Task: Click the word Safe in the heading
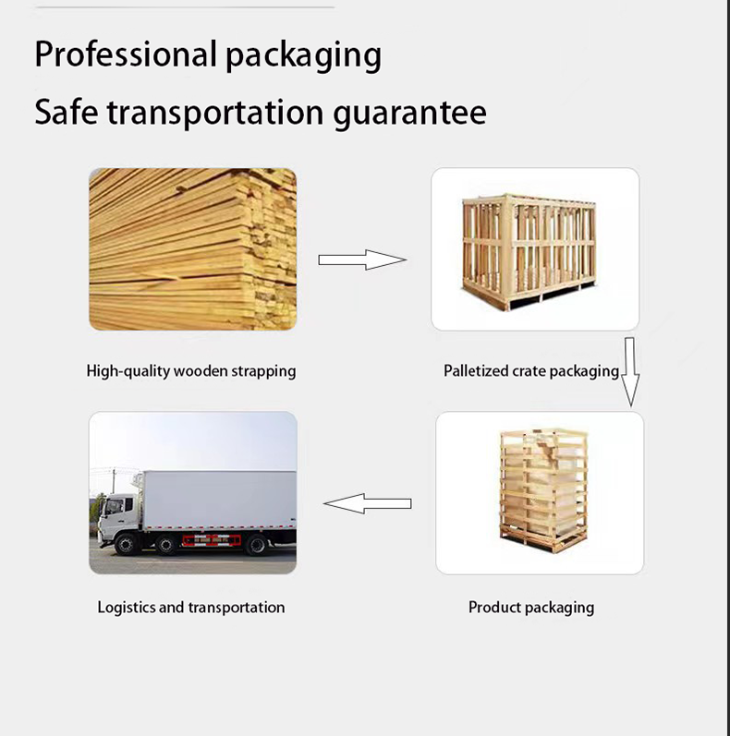point(66,113)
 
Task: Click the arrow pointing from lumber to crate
point(362,259)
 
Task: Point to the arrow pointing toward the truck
point(367,503)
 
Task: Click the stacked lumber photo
point(192,248)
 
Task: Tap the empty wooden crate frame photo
point(535,248)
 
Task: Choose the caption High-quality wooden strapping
point(191,371)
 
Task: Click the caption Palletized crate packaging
point(530,371)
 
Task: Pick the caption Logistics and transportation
point(191,608)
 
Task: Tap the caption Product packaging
point(530,608)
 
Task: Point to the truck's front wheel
point(126,545)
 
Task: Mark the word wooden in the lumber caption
point(201,371)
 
